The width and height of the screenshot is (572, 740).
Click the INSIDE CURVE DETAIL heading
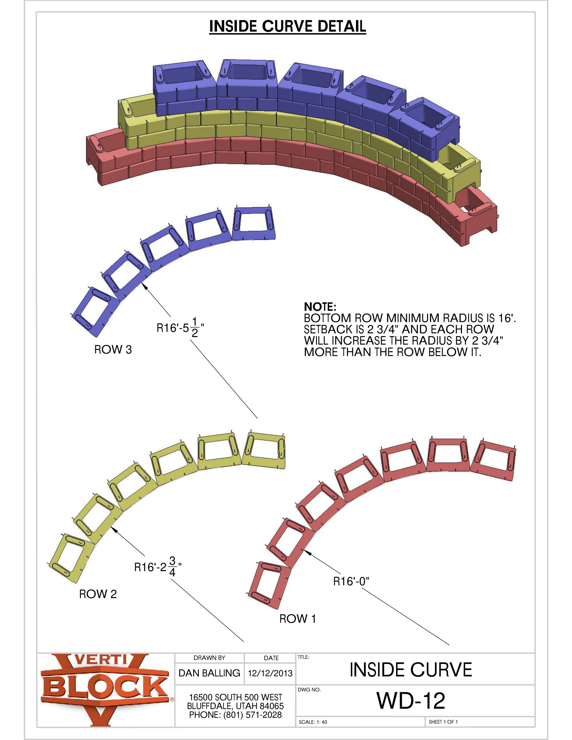(x=287, y=27)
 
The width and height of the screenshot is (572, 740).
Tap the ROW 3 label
(x=113, y=350)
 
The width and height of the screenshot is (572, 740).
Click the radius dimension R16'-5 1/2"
(x=180, y=327)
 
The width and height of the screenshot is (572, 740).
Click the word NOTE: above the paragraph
(x=320, y=307)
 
